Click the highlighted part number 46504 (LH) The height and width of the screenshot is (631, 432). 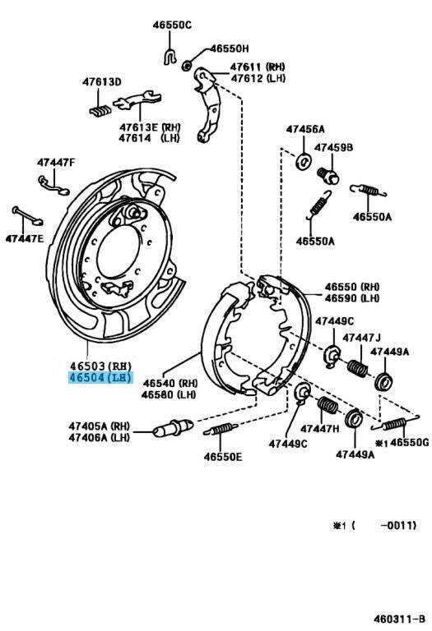point(100,378)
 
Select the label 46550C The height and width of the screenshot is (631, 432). point(172,25)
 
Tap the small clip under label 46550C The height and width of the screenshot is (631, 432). point(170,56)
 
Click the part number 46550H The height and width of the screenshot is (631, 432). point(230,48)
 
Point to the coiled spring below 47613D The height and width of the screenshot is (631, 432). point(100,110)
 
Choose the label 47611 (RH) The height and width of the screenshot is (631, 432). point(258,67)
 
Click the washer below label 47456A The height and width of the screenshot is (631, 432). point(303,161)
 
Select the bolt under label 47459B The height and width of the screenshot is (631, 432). point(328,176)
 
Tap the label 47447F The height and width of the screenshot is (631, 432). point(56,163)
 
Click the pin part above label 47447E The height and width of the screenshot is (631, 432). point(27,215)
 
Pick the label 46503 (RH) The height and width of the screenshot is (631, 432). point(100,366)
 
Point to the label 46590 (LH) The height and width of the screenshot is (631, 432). point(352,298)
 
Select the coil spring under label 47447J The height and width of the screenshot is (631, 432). point(357,368)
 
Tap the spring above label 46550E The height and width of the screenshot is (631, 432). point(221,429)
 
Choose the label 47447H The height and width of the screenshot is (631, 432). point(320,429)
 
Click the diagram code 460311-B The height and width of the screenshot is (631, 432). point(399,618)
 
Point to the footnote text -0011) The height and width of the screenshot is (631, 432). point(398,525)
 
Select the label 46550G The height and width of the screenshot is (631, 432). point(410,443)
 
